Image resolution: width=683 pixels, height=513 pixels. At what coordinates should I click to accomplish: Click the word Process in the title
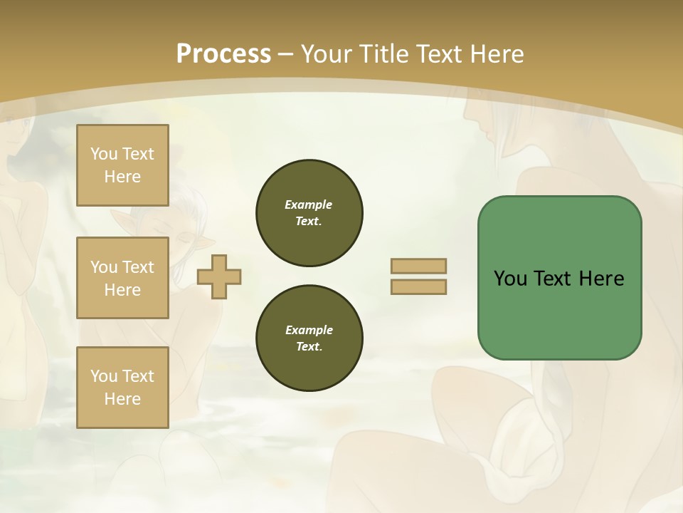pos(223,53)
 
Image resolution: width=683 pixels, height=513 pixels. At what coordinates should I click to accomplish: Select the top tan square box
pos(122,165)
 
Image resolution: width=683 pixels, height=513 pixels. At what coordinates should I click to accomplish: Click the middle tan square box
pos(122,278)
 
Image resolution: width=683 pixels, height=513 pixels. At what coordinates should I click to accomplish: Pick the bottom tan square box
pos(122,388)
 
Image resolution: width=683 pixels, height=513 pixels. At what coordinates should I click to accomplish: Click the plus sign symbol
pos(219,276)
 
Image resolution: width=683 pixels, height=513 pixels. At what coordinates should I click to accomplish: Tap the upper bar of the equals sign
pos(418,266)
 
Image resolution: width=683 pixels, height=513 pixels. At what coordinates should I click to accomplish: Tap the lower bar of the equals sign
pos(418,287)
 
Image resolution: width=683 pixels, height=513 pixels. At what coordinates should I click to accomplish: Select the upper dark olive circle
pos(309,213)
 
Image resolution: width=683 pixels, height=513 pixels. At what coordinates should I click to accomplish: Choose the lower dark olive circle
pos(309,338)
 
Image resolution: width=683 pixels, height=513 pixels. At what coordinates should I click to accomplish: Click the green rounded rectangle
pos(559,277)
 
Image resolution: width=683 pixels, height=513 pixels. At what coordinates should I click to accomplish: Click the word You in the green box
pos(510,279)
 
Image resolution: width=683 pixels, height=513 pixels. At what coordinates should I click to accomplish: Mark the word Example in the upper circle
pos(309,204)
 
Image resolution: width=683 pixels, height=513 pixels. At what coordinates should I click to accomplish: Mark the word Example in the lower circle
pos(309,330)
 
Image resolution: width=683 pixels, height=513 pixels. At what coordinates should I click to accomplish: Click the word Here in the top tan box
pos(122,177)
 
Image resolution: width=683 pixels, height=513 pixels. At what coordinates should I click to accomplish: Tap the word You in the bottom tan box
pos(104,376)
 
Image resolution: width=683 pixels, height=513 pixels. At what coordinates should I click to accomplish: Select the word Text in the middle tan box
pos(137,267)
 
